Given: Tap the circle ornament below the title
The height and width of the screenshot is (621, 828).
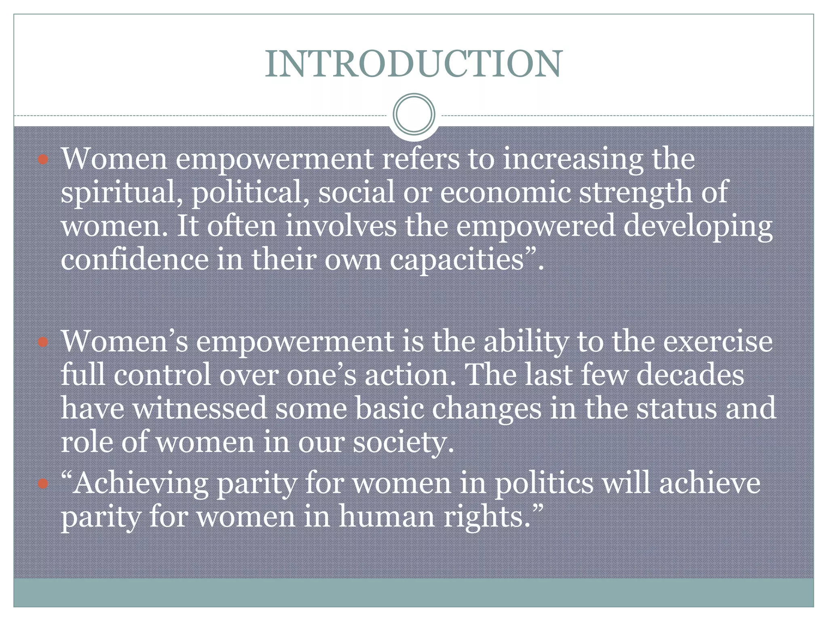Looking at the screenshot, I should coord(414,114).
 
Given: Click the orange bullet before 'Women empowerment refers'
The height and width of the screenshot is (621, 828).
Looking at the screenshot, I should coord(43,159).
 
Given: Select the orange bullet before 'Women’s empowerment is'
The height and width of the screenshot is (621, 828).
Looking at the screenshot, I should coord(43,342).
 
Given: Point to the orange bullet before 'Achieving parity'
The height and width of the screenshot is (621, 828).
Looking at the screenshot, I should coord(43,484).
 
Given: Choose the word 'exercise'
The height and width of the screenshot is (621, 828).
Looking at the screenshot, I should coord(718,342).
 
